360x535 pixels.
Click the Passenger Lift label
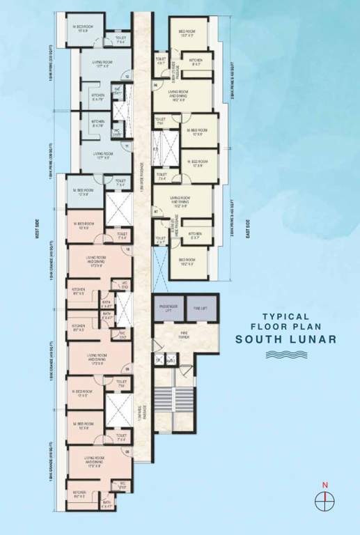(168, 307)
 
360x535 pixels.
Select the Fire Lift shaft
(200, 307)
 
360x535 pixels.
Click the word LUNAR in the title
(310, 340)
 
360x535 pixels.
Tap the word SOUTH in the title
(258, 340)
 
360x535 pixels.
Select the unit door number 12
(127, 75)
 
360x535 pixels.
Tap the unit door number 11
(127, 146)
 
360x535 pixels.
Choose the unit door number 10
(127, 249)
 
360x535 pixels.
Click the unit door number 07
(156, 209)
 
